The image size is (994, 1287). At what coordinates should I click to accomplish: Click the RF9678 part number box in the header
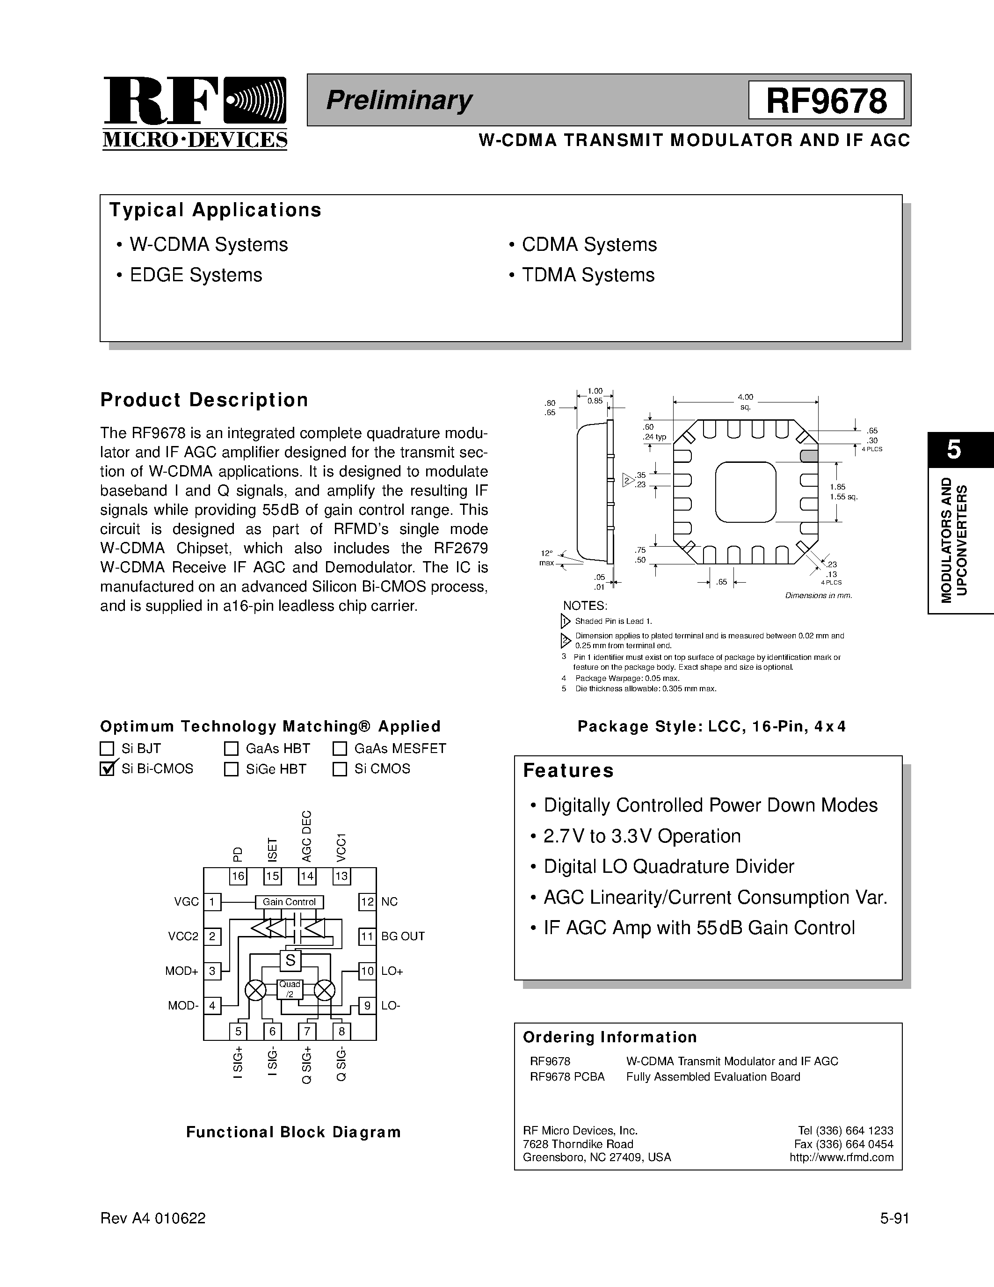point(826,101)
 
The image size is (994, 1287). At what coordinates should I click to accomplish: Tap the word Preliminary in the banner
point(399,100)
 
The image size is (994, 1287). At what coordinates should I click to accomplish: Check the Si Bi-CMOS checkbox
point(107,768)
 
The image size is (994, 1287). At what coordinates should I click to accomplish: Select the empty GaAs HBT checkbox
point(231,748)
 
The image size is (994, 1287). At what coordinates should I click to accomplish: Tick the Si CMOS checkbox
point(340,769)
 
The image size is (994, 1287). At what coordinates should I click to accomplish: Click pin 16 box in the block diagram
point(238,876)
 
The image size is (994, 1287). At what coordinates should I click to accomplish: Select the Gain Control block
point(289,902)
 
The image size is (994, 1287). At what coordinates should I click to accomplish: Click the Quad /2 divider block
point(290,989)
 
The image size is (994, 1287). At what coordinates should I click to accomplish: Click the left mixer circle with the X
point(255,991)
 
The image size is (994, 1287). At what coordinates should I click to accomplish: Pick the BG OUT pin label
point(403,936)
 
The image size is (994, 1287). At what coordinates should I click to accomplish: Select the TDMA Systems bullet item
point(588,275)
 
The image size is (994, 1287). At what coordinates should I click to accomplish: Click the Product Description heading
point(204,400)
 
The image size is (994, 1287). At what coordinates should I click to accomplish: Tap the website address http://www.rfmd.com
point(842,1157)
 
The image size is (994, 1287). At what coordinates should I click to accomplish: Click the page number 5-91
point(894,1219)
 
